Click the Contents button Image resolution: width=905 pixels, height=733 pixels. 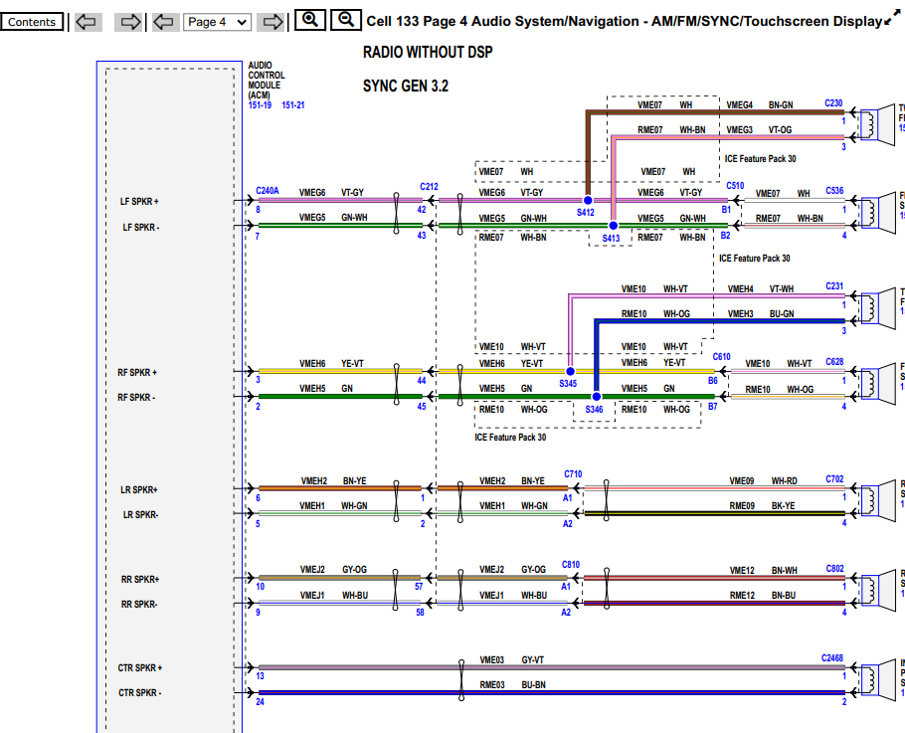pyautogui.click(x=32, y=22)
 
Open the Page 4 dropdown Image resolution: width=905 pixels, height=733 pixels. pyautogui.click(x=217, y=22)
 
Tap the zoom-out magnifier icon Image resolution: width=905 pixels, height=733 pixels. pyautogui.click(x=345, y=20)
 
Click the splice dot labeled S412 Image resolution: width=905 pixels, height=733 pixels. pyautogui.click(x=588, y=201)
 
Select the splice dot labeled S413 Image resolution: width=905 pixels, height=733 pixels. pyautogui.click(x=613, y=226)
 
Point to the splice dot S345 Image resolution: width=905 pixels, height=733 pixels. pyautogui.click(x=569, y=371)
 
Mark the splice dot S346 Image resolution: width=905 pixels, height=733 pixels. pyautogui.click(x=595, y=396)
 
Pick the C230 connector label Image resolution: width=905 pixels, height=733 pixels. pyautogui.click(x=833, y=103)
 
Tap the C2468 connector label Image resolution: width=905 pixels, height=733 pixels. pyautogui.click(x=831, y=658)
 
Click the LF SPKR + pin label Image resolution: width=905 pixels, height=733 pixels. pyautogui.click(x=141, y=202)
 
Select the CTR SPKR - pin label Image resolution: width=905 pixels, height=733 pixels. pyautogui.click(x=140, y=693)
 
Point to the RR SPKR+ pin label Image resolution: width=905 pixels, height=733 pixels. pyautogui.click(x=140, y=579)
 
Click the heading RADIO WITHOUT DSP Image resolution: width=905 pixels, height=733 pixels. pyautogui.click(x=428, y=52)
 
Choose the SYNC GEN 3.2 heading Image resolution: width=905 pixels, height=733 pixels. pyautogui.click(x=406, y=87)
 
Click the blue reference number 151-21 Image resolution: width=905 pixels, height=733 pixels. pyautogui.click(x=293, y=105)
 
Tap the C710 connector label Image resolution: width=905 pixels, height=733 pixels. pyautogui.click(x=573, y=474)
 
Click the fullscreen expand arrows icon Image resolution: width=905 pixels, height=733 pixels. pyautogui.click(x=892, y=21)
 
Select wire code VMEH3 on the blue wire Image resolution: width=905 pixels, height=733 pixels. pyautogui.click(x=740, y=314)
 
